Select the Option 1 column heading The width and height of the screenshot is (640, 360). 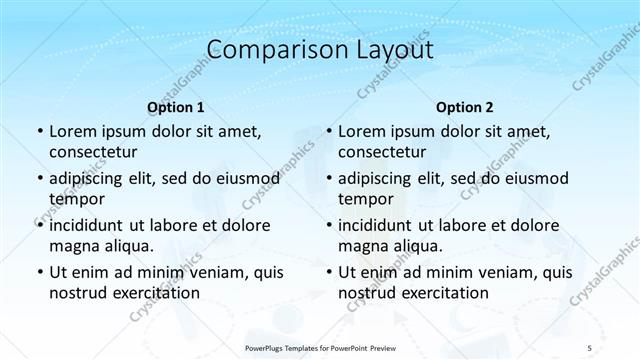[x=176, y=107]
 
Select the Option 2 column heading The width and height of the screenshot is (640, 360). [x=465, y=107]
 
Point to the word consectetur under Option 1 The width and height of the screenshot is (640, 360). [x=93, y=152]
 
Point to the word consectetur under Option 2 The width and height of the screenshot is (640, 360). [x=382, y=152]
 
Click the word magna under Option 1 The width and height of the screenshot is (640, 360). [x=72, y=246]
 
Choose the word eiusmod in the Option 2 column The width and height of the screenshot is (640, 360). [x=532, y=178]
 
